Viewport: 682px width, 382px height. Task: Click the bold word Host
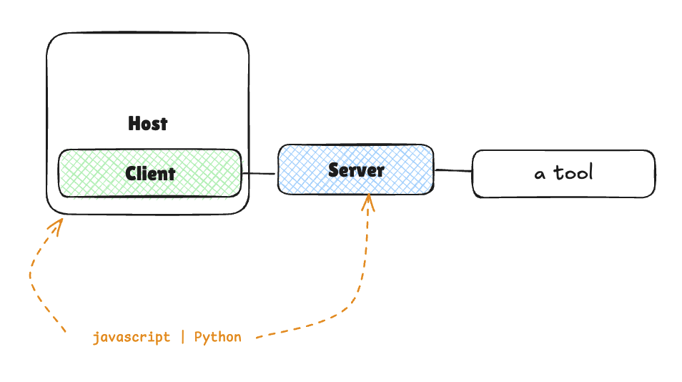148,124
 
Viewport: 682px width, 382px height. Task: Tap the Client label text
150,173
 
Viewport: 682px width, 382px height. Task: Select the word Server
356,170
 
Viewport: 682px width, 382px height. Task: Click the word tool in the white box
572,172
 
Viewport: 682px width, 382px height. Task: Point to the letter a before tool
540,174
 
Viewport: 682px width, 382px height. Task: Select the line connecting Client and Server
260,173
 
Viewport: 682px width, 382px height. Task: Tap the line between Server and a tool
453,170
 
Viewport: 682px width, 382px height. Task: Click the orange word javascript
132,337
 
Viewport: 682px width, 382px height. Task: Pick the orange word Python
217,337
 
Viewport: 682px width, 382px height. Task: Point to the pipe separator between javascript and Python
182,337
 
